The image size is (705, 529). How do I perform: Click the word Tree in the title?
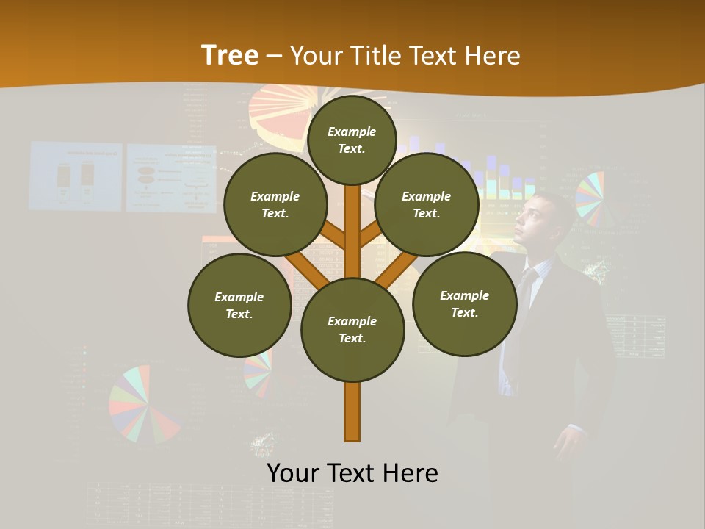230,55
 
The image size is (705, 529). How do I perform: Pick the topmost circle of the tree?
352,140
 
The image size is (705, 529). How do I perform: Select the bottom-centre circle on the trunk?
352,330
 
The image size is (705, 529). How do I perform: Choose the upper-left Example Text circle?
275,204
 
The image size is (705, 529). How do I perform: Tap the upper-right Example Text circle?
427,204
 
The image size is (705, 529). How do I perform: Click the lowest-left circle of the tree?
239,305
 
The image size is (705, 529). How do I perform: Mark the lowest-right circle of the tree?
464,303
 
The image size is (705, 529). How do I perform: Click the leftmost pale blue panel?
76,176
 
